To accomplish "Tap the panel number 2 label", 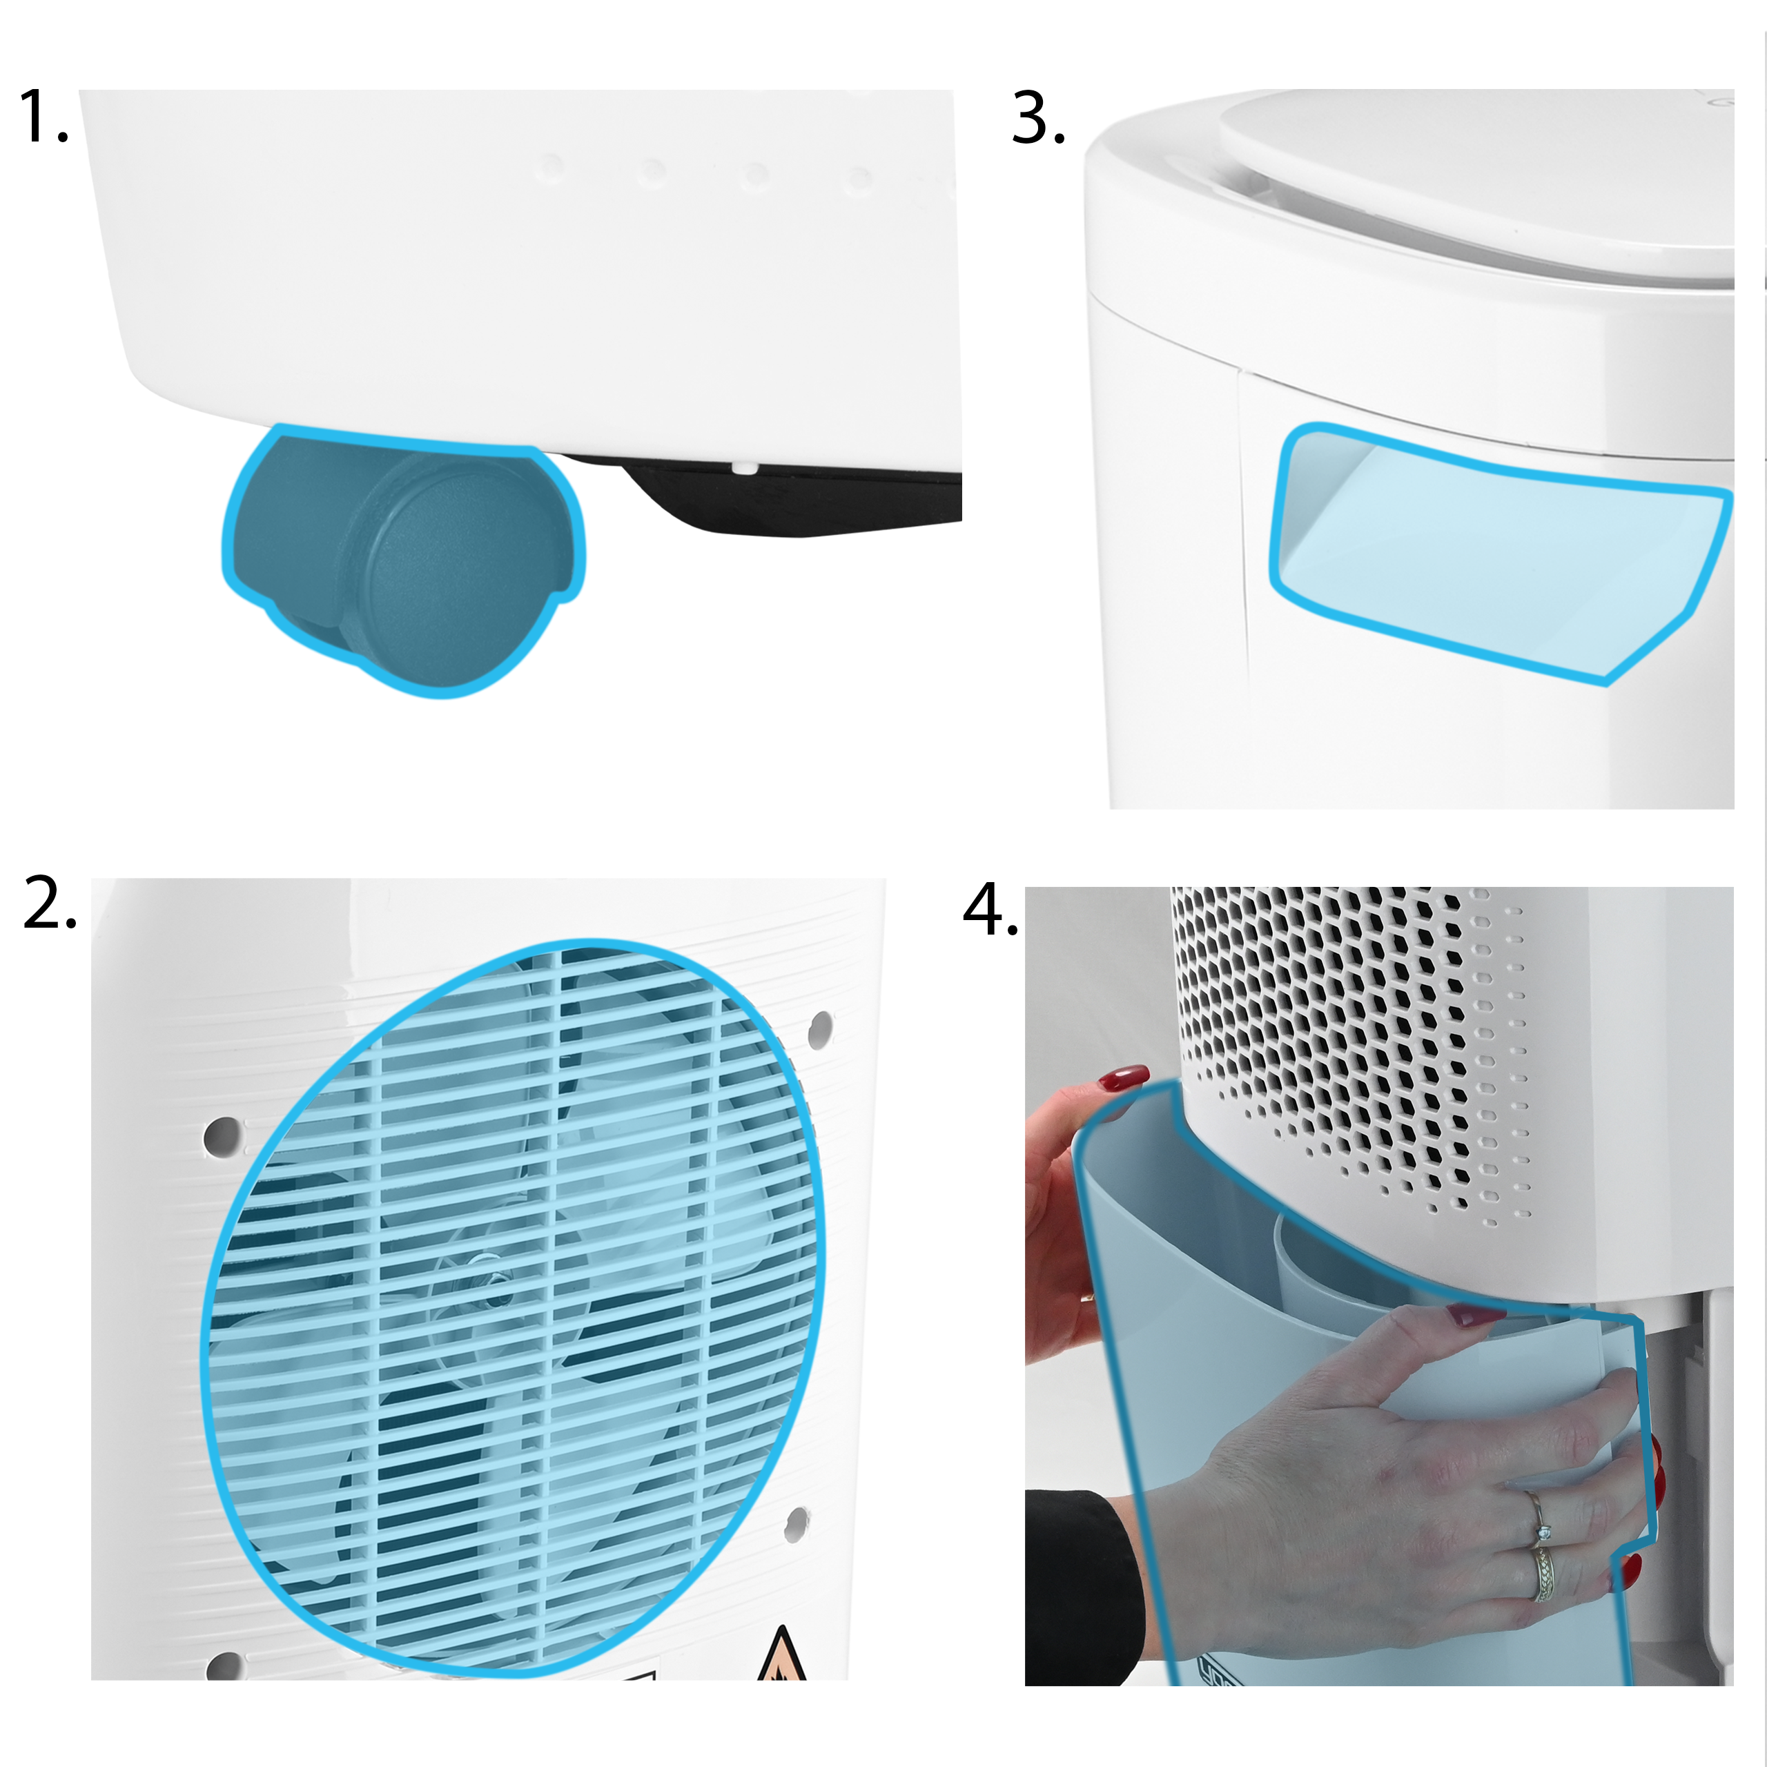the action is coord(50,903).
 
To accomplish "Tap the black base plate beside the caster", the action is coord(787,494).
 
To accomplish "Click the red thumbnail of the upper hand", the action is coord(1126,1077).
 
